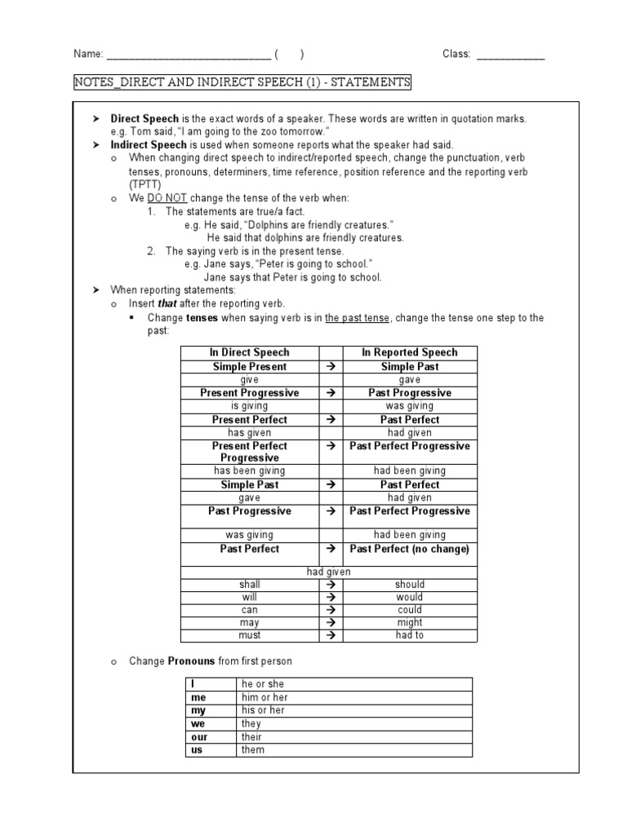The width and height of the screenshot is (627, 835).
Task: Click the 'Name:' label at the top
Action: (x=88, y=55)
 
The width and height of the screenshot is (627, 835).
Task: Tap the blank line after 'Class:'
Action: (x=509, y=55)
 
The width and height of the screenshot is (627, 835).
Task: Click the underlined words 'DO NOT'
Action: (x=163, y=198)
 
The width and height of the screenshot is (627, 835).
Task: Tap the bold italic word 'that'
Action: (x=167, y=303)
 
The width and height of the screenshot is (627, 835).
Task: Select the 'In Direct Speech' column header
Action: (x=249, y=352)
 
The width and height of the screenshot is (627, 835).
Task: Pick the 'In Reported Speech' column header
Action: (x=409, y=352)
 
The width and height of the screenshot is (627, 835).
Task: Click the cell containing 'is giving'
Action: (x=249, y=405)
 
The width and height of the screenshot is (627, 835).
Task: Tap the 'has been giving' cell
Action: (x=249, y=471)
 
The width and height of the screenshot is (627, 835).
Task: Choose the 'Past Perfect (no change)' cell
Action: (x=409, y=549)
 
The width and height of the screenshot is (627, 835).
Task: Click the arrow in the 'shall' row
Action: (x=331, y=585)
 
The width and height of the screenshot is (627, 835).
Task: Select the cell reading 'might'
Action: (x=409, y=622)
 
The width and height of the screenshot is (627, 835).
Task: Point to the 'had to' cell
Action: (x=409, y=635)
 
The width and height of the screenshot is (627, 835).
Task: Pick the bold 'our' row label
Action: (x=199, y=737)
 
